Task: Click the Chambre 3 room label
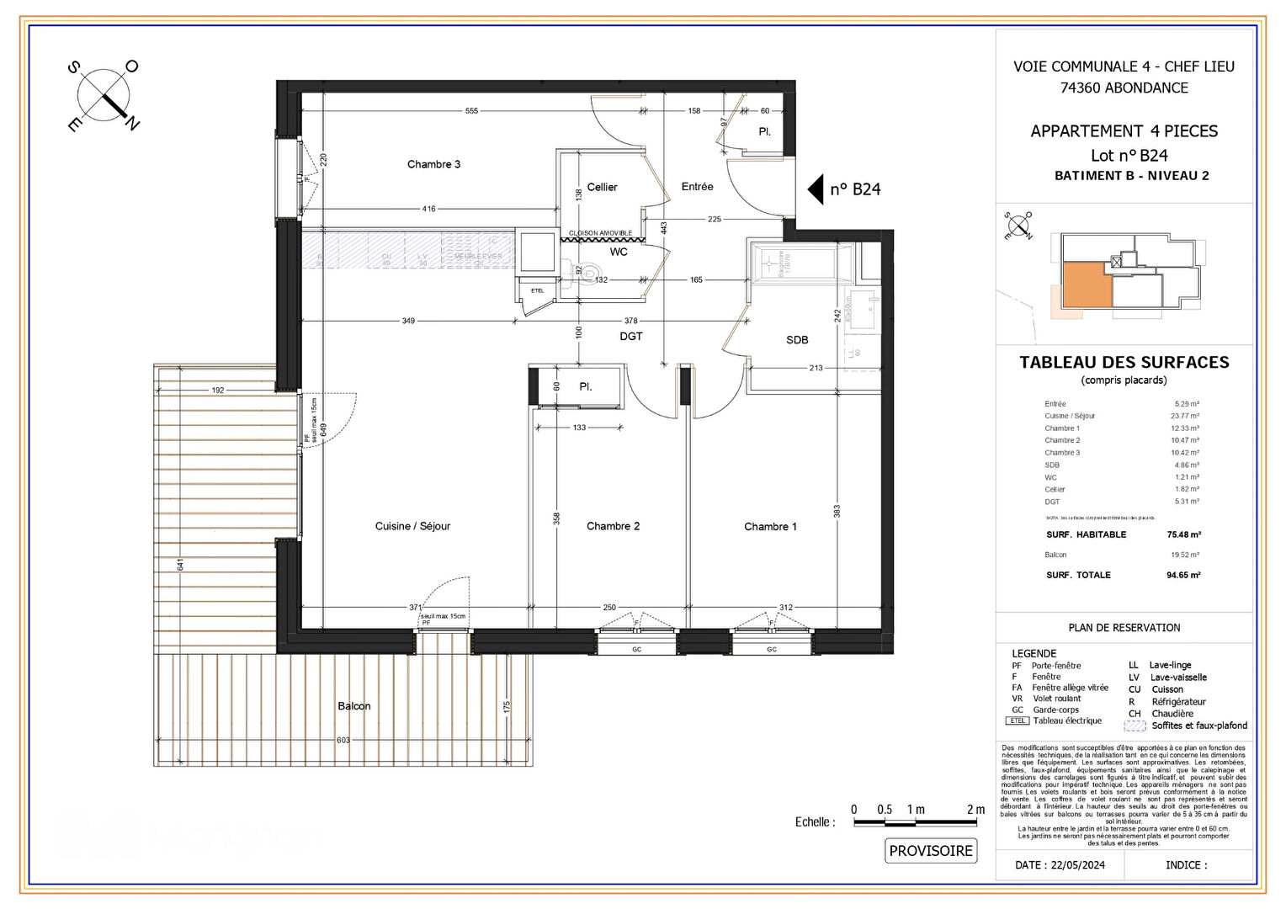point(433,164)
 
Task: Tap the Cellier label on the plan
point(602,187)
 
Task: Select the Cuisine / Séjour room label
point(412,526)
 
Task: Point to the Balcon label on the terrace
point(353,706)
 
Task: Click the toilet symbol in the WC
point(591,272)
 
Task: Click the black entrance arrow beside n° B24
point(816,189)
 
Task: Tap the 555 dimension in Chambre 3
point(471,111)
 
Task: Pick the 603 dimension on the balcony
point(343,740)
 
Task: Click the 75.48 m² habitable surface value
point(1183,534)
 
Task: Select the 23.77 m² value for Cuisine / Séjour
point(1184,416)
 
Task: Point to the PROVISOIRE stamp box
point(931,851)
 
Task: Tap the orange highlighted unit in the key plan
point(1085,284)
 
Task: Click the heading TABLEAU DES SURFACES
point(1124,363)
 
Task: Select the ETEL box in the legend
point(1018,721)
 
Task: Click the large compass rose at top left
point(104,95)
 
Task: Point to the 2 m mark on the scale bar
point(975,810)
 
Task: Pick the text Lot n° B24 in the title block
point(1129,156)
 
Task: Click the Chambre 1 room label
point(770,527)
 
